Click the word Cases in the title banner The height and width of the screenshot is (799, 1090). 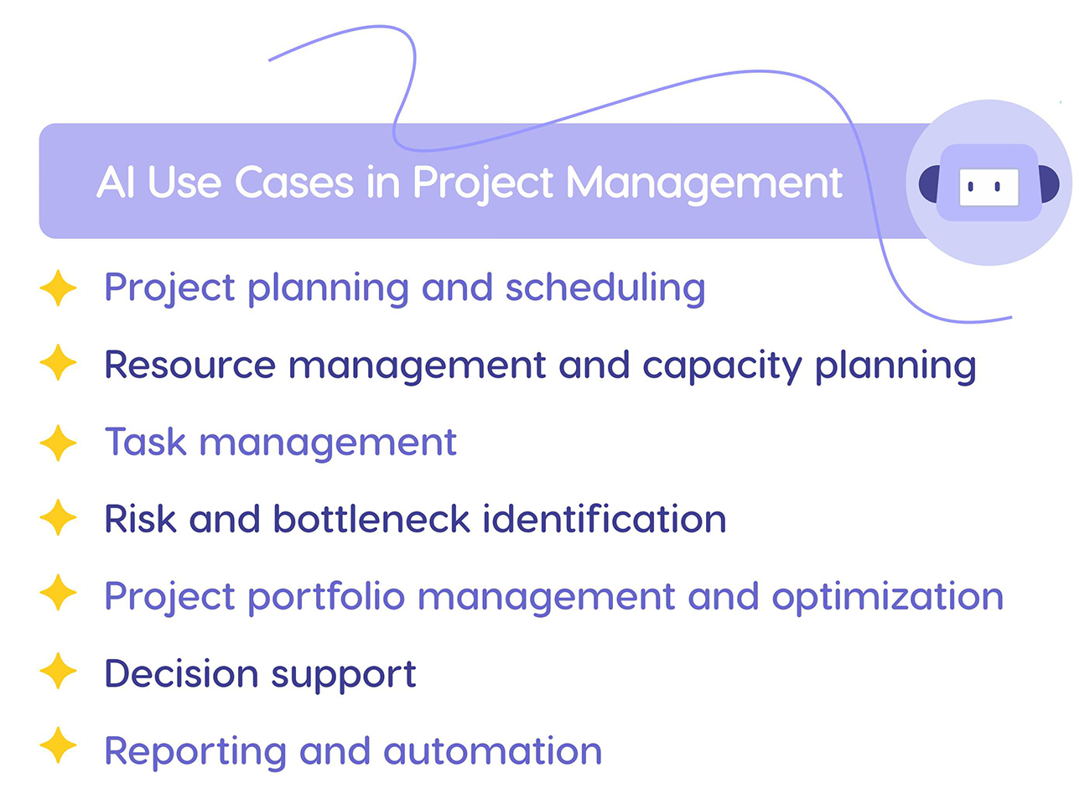click(x=294, y=182)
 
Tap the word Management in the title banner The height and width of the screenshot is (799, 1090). click(x=704, y=184)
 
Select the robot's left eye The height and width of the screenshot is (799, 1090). click(x=971, y=187)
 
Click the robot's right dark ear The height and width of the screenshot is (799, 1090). click(x=1048, y=184)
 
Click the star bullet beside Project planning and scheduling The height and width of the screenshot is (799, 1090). click(x=58, y=288)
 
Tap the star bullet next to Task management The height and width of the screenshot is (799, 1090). click(x=58, y=443)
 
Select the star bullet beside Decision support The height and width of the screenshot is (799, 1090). click(x=58, y=672)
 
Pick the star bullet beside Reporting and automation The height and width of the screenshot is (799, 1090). click(x=58, y=746)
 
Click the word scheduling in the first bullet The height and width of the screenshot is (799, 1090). click(x=605, y=289)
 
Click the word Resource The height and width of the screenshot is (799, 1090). click(x=189, y=366)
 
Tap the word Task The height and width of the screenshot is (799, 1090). click(x=145, y=442)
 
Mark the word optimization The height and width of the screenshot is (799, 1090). click(x=887, y=598)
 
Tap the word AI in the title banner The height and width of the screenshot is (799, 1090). click(x=115, y=182)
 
